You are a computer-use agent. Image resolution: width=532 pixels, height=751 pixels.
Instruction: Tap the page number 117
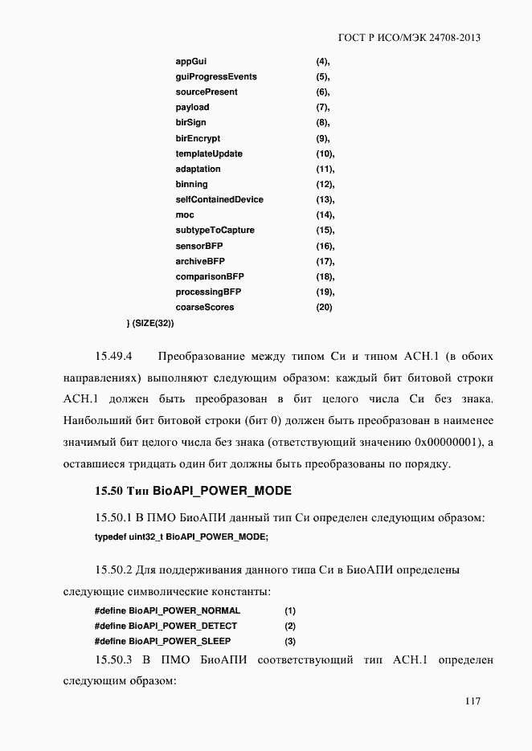tap(472, 701)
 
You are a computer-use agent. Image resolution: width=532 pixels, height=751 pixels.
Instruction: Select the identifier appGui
tap(191, 61)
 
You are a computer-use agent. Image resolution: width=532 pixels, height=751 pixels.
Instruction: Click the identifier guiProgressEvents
tap(216, 76)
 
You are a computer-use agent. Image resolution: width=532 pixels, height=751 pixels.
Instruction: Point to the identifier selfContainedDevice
tap(219, 199)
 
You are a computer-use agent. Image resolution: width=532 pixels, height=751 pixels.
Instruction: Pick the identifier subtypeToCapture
tap(215, 231)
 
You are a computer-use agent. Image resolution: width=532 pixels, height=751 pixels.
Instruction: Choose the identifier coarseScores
tap(205, 308)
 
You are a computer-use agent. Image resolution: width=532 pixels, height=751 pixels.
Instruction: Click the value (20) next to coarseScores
tap(324, 308)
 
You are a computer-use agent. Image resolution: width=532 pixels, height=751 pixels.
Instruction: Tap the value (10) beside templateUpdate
tap(325, 153)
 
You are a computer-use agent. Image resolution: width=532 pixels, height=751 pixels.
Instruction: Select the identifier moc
tap(185, 215)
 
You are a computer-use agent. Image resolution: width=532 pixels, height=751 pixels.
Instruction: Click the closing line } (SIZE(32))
tap(150, 323)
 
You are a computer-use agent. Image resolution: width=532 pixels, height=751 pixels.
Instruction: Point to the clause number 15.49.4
tap(113, 356)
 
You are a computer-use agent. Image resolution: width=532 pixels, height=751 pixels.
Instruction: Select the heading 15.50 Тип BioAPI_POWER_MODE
tap(193, 490)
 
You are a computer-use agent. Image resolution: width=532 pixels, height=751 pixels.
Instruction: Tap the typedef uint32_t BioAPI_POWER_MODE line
tap(182, 537)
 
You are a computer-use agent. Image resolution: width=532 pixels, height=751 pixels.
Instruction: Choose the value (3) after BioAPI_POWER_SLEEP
tap(290, 641)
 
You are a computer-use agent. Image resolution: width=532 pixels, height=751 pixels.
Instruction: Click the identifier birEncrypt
tap(198, 138)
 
